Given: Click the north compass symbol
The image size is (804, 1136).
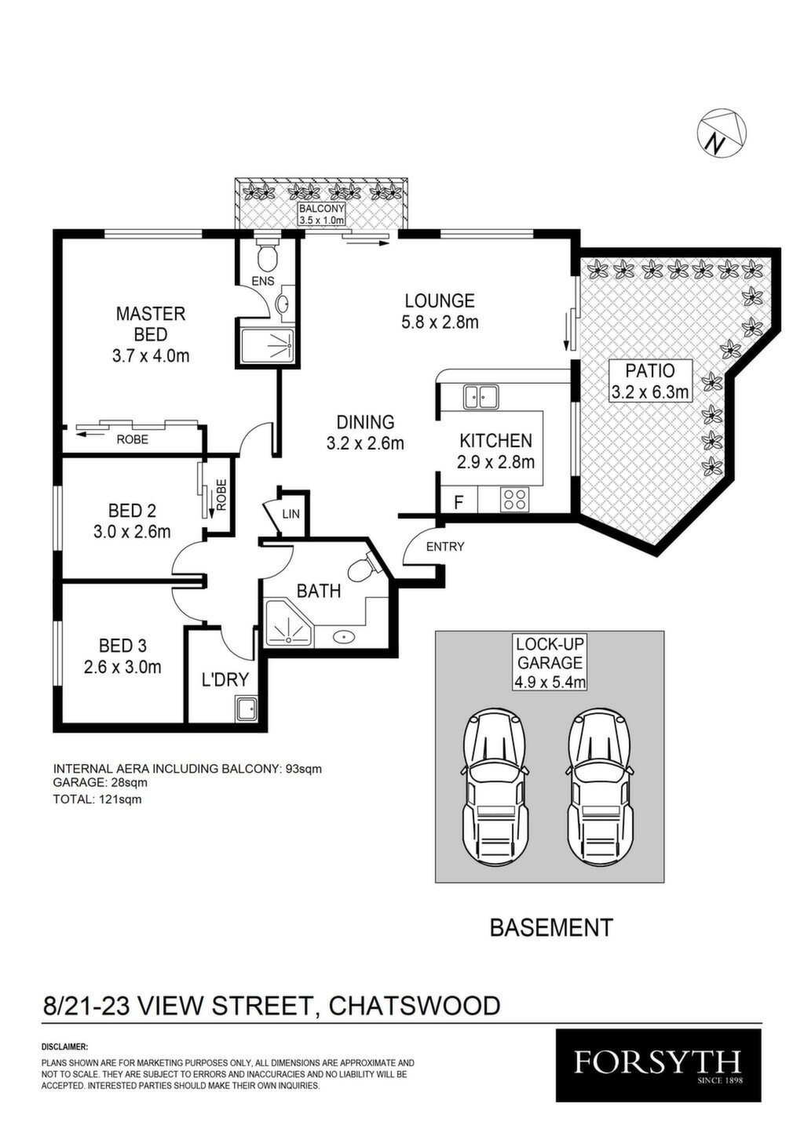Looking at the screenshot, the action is click(722, 133).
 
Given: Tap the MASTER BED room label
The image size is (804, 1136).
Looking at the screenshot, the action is click(151, 324).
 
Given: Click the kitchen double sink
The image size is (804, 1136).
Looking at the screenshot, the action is click(481, 396).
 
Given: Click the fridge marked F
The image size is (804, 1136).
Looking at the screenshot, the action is click(459, 502).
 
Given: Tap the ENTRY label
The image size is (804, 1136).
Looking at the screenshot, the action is click(445, 546).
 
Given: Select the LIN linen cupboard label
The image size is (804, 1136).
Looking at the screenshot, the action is click(291, 514).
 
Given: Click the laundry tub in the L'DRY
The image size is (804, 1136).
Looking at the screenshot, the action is click(247, 708).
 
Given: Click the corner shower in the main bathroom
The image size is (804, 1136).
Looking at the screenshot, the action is click(288, 623).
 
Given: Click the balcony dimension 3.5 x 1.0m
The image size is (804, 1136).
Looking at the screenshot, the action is click(321, 220).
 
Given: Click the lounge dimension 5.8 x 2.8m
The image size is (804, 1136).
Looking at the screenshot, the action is click(440, 322).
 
